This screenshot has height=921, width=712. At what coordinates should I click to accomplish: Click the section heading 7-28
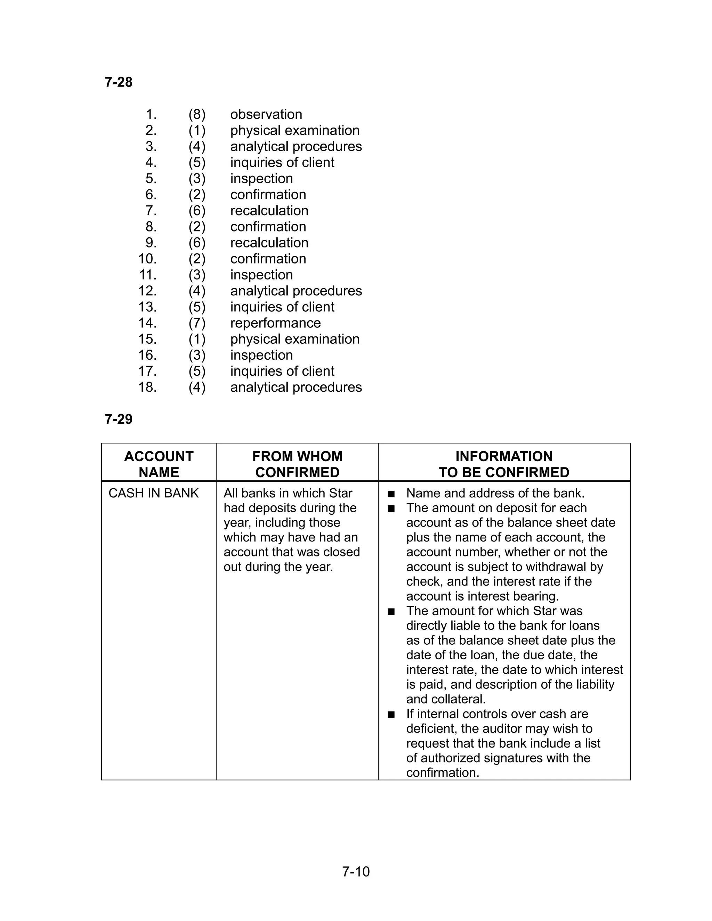click(119, 82)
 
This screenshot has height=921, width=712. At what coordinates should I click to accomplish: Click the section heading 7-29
click(119, 419)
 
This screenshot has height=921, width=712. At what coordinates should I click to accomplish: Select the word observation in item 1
click(266, 114)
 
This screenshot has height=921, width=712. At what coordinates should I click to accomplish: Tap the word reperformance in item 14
click(275, 323)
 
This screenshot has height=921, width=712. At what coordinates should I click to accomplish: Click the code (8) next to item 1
click(197, 114)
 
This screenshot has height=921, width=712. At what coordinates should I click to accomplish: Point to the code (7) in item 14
click(197, 323)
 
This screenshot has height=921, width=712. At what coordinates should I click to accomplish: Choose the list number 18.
click(148, 387)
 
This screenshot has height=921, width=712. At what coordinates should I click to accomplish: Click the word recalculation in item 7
click(269, 210)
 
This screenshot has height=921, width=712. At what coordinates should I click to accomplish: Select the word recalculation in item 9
click(269, 243)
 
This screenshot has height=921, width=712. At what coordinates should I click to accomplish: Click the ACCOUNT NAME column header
click(159, 464)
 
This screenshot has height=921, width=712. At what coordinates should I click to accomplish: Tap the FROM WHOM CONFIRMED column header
click(297, 464)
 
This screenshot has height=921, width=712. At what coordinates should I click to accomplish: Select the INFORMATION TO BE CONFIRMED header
click(504, 464)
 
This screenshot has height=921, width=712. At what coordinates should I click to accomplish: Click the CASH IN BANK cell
click(154, 494)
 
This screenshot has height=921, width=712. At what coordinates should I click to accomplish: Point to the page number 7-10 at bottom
click(356, 872)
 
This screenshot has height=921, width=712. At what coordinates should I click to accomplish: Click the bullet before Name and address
click(391, 494)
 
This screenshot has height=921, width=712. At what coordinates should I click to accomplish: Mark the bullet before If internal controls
click(391, 714)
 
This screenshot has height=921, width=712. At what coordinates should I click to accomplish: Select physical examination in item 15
click(295, 339)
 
